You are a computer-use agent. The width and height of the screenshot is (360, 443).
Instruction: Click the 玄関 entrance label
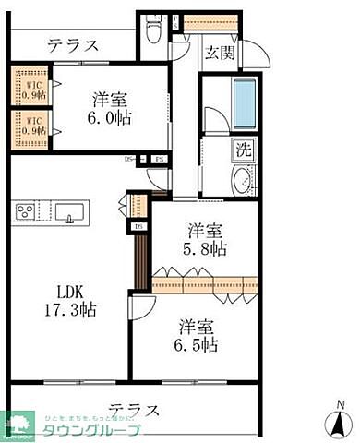coord(219,52)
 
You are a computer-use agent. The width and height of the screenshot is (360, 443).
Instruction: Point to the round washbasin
coord(243,179)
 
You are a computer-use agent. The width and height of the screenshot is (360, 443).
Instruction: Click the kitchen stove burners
coord(25,211)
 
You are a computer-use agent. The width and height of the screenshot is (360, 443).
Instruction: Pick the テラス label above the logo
coord(135,409)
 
